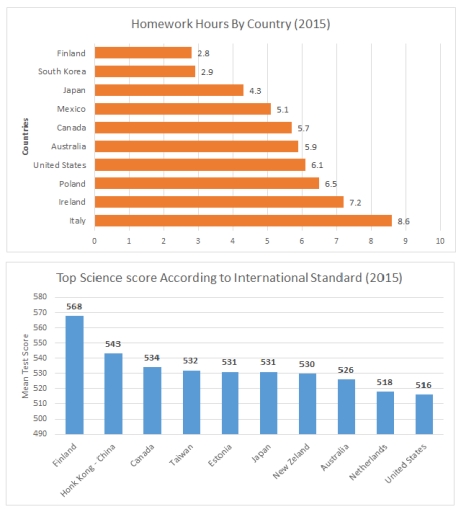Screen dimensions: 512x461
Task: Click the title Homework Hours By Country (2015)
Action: (x=231, y=21)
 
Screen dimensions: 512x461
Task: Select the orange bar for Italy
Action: (x=243, y=219)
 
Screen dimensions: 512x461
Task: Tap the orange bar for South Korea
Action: (x=144, y=71)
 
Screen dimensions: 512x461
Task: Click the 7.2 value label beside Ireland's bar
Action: (x=354, y=201)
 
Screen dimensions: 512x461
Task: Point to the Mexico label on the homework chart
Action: (x=70, y=108)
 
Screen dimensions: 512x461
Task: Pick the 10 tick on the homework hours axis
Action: (x=439, y=241)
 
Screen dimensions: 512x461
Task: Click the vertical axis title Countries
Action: (x=24, y=137)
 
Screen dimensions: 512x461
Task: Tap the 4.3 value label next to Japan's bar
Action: (x=254, y=90)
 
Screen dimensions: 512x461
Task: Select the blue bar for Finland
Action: (x=75, y=375)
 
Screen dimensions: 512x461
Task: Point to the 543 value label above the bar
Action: (x=113, y=345)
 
